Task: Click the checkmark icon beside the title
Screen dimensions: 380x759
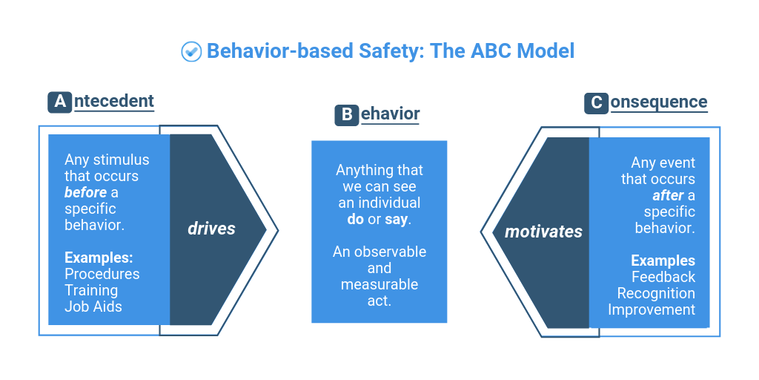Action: tap(191, 51)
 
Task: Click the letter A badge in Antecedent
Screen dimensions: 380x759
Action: tap(59, 102)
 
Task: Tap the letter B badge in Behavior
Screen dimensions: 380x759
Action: tap(346, 115)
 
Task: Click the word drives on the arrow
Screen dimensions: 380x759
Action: tap(211, 229)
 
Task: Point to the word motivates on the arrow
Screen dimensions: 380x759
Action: tap(543, 232)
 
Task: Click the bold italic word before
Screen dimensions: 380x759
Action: tap(86, 192)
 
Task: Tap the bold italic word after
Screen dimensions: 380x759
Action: tap(668, 195)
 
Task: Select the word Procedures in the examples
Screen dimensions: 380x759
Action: tap(102, 274)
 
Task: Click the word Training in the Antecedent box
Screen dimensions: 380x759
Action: tap(91, 290)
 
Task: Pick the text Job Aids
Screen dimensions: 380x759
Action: tap(93, 306)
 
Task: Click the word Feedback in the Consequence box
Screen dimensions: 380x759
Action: tap(663, 277)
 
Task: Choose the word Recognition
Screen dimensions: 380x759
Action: tap(656, 293)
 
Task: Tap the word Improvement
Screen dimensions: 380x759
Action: tap(652, 309)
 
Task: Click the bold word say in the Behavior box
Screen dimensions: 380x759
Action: tap(397, 220)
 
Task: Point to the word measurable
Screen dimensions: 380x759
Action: tap(379, 284)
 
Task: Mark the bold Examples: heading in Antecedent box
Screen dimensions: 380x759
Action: tap(99, 258)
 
